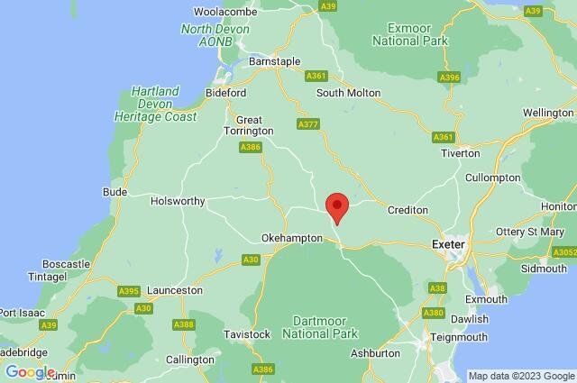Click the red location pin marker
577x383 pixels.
click(x=336, y=205)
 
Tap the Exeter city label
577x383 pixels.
click(x=448, y=244)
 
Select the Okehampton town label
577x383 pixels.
click(x=290, y=237)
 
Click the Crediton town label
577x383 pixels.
click(x=407, y=210)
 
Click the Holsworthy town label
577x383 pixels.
click(x=178, y=201)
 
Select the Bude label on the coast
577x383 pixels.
click(x=114, y=192)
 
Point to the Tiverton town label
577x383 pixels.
click(x=460, y=153)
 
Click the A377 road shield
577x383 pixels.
click(x=308, y=123)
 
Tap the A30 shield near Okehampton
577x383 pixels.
click(x=252, y=260)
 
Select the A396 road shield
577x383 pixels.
click(x=450, y=78)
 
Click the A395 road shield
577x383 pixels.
click(x=129, y=291)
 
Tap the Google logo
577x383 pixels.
click(x=30, y=372)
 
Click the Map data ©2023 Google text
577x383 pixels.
click(x=521, y=376)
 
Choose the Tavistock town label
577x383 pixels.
click(x=246, y=334)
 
